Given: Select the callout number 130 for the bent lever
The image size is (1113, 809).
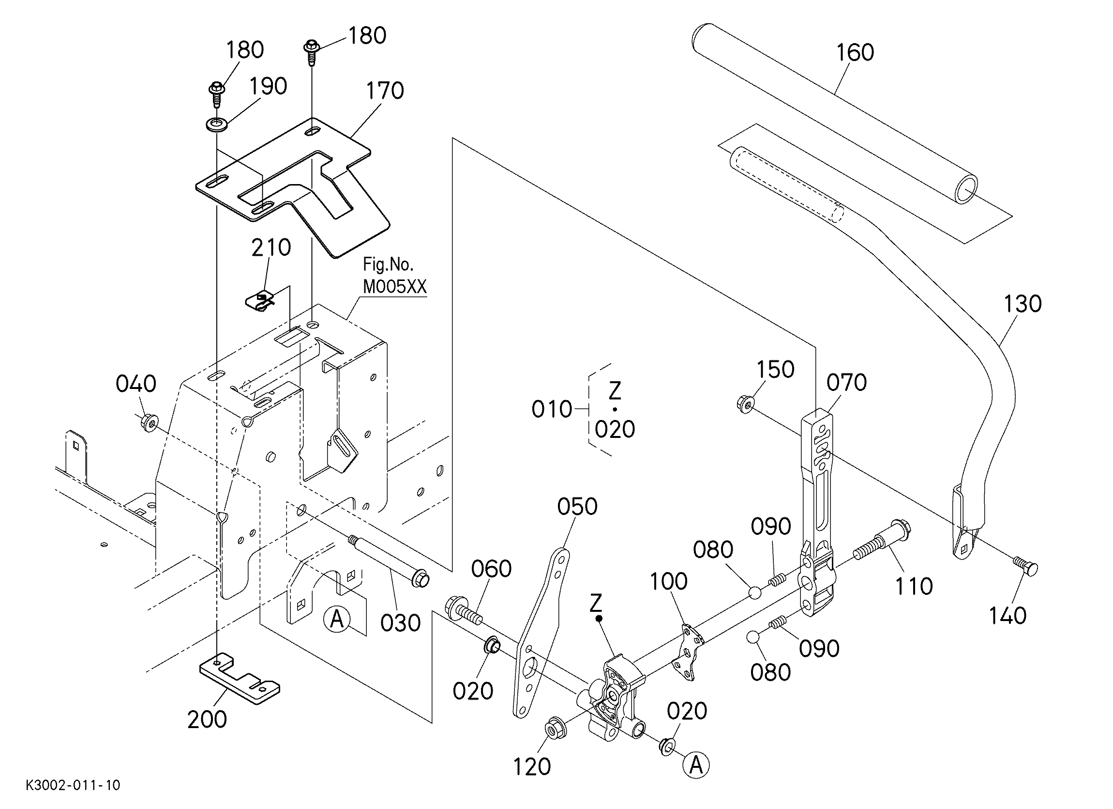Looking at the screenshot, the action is pyautogui.click(x=1023, y=304).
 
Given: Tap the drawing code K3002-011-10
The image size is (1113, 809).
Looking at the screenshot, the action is pyautogui.click(x=73, y=785).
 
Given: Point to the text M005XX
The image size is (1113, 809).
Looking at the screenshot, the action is pyautogui.click(x=394, y=286).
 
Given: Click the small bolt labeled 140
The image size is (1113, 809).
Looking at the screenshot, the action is pyautogui.click(x=1025, y=566).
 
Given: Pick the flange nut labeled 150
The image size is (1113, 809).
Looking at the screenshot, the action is pyautogui.click(x=745, y=404).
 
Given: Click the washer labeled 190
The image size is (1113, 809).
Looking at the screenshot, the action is pyautogui.click(x=216, y=125).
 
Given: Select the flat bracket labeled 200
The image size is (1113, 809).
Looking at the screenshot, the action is pyautogui.click(x=240, y=679).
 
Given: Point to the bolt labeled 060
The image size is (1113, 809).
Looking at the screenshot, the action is pyautogui.click(x=464, y=610).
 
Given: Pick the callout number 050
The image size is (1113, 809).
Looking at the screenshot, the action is pyautogui.click(x=577, y=506).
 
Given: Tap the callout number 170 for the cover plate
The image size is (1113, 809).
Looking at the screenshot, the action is pyautogui.click(x=385, y=91).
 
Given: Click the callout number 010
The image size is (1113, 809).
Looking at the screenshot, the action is pyautogui.click(x=552, y=409).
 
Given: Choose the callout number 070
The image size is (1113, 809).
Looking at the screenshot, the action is pyautogui.click(x=846, y=382).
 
